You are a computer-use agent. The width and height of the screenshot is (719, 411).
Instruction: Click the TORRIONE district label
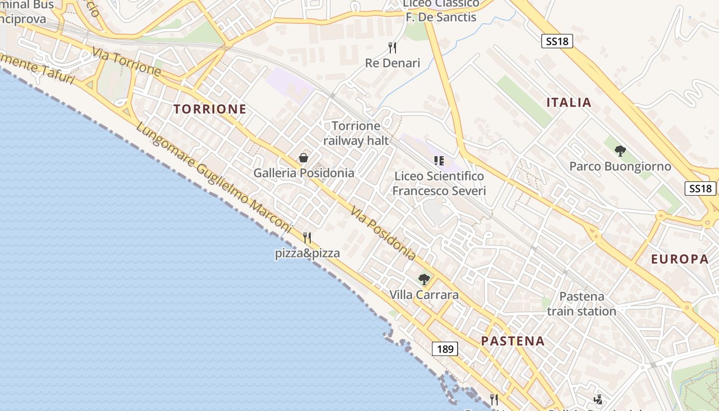(210, 109)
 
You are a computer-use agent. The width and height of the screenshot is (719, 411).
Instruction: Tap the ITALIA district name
(569, 102)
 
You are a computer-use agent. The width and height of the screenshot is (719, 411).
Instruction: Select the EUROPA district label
(680, 259)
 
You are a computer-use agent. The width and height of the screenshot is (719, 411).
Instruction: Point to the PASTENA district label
(513, 341)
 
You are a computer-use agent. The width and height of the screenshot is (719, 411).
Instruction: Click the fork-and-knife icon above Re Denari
(392, 48)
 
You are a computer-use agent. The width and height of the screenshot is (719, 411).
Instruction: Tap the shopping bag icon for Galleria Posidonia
(304, 158)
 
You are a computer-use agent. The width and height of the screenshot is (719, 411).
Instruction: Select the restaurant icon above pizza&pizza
(307, 237)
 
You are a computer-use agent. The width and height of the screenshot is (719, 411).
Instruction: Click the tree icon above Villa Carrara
(424, 279)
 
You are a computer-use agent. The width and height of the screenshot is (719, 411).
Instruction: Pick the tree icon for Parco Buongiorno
(620, 151)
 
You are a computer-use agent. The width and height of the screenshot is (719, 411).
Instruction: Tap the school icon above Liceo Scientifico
(439, 161)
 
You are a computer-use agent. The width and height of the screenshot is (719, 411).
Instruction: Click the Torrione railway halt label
(355, 133)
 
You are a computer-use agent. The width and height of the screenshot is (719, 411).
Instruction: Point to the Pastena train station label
(581, 304)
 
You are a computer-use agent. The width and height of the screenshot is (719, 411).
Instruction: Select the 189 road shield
(445, 349)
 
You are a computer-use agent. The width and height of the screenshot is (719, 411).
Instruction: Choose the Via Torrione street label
(127, 62)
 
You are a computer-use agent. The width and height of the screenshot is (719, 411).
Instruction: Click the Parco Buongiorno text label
(620, 166)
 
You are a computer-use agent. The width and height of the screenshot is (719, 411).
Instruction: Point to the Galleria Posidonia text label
(304, 173)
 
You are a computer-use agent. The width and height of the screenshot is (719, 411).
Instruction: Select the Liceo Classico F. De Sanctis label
(441, 10)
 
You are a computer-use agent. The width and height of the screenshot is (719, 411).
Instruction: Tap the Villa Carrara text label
(424, 295)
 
